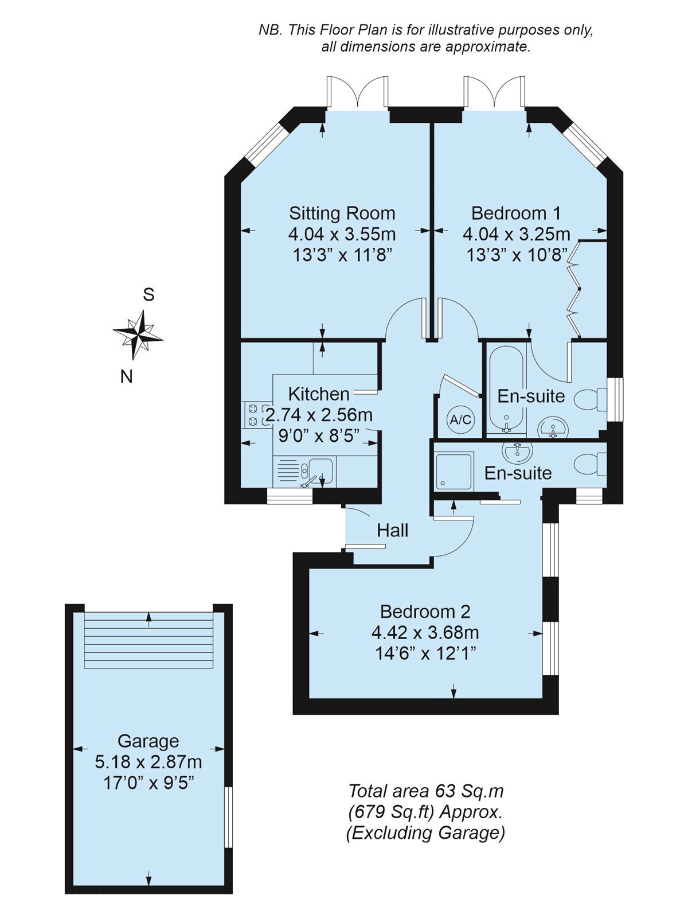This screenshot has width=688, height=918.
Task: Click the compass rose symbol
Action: tap(138, 334)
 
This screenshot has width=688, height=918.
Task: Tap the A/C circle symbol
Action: tap(460, 419)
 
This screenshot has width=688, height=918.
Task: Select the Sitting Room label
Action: tap(342, 213)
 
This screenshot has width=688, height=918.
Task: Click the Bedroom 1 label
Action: tap(516, 213)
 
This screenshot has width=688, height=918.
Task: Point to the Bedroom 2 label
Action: tap(425, 612)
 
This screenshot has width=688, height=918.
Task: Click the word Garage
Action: tap(148, 741)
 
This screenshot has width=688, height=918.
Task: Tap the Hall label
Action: tap(392, 531)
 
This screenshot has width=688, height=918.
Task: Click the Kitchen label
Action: tap(319, 394)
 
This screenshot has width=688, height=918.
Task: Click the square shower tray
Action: tap(455, 471)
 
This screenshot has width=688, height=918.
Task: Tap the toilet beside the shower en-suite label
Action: tap(591, 464)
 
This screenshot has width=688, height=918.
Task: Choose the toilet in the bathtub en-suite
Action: tap(591, 400)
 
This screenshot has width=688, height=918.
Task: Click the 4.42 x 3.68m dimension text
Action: tap(425, 632)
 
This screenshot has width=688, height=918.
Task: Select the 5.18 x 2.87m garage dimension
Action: tap(148, 761)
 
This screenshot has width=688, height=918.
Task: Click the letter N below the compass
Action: tap(126, 377)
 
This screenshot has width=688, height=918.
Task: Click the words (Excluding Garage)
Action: tap(425, 833)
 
